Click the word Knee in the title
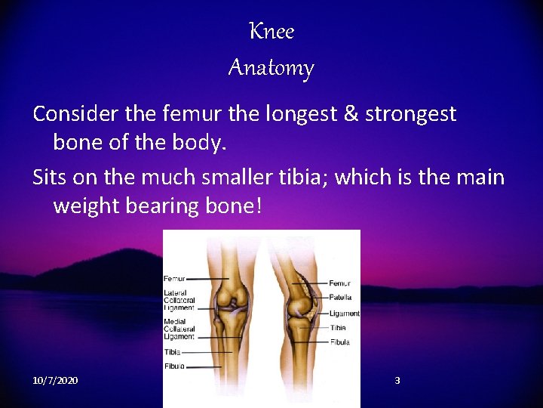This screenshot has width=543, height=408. (x=271, y=32)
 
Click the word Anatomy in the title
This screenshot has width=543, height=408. (x=271, y=69)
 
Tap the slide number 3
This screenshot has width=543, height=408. (x=397, y=380)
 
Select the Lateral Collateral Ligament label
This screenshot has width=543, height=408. (x=179, y=300)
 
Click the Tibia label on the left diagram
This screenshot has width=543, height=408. (x=173, y=351)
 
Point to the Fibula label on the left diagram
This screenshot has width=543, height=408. (x=175, y=366)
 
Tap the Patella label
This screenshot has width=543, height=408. (x=340, y=298)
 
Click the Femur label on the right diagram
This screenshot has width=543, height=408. (x=339, y=283)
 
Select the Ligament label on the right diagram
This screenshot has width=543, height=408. (x=344, y=313)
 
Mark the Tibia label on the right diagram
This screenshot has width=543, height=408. (x=338, y=328)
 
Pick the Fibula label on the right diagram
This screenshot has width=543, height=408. (x=340, y=342)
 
